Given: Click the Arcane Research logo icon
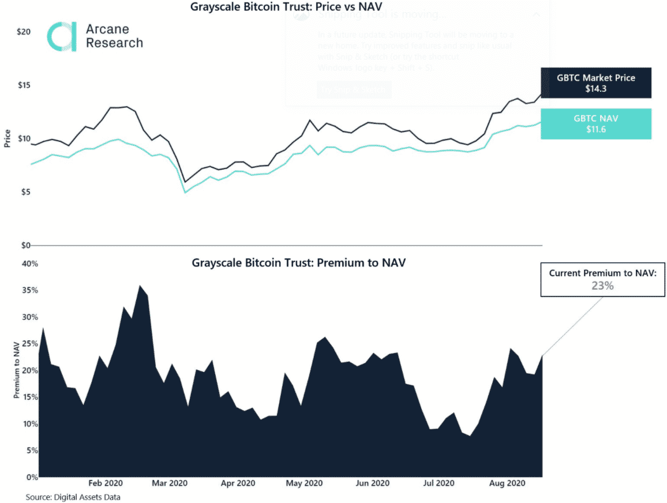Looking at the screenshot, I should [x=62, y=37].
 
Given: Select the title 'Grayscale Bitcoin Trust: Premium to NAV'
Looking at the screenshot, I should [x=298, y=262].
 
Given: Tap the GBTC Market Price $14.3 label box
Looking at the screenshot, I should [x=596, y=83].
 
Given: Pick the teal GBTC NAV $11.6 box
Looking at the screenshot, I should [x=596, y=123].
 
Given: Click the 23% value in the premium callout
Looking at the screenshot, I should [x=602, y=285].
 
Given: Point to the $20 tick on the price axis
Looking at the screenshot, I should [x=23, y=32].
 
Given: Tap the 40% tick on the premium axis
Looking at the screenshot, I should [x=30, y=264].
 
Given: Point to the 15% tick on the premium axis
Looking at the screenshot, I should [x=30, y=397].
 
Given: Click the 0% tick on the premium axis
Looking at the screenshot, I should [x=32, y=478].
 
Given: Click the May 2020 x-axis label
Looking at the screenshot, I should [x=303, y=483].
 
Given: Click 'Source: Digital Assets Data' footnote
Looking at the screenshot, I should [x=73, y=497].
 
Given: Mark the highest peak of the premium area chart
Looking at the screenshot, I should [x=139, y=286].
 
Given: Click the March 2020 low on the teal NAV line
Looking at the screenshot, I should [x=185, y=192].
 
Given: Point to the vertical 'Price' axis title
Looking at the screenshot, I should [x=8, y=139].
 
